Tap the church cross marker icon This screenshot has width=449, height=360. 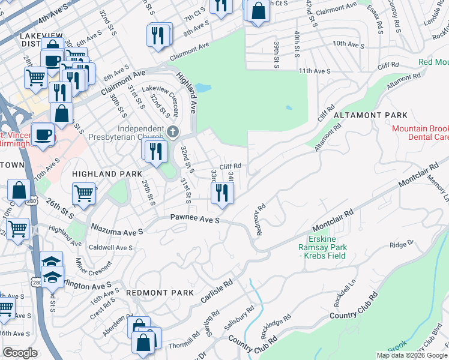pos(173,131)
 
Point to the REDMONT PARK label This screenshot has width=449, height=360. pos(160,293)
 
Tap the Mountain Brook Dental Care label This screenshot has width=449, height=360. pos(420,133)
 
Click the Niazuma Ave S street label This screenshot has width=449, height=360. pos(118,229)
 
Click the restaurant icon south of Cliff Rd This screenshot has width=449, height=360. pos(222,193)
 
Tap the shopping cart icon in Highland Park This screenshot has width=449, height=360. pos(84,193)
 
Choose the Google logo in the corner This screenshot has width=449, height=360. pos(20,353)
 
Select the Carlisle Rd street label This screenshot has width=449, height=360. pos(217,290)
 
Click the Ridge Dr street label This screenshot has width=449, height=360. pos(402,244)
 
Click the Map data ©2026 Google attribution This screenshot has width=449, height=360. pos(411,355)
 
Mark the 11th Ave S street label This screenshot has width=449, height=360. pos(315,71)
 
